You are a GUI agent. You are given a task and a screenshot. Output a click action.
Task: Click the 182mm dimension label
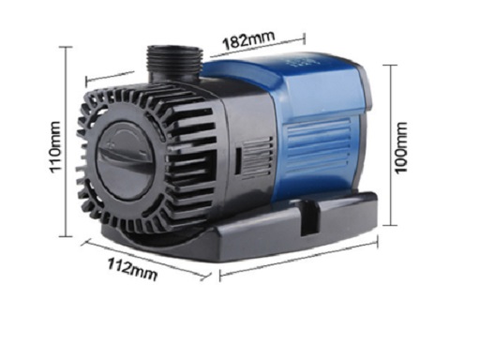click(x=248, y=39)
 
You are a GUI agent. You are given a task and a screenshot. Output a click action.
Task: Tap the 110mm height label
click(x=55, y=147)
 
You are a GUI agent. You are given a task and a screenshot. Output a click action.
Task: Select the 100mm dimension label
click(x=401, y=147)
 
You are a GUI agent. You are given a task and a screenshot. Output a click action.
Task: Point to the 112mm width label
click(x=132, y=269)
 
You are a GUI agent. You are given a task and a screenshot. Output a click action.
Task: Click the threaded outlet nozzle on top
click(x=174, y=62)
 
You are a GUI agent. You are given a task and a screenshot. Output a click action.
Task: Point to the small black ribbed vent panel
click(x=256, y=159)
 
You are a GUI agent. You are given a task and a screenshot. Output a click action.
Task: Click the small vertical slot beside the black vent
click(x=237, y=161)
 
